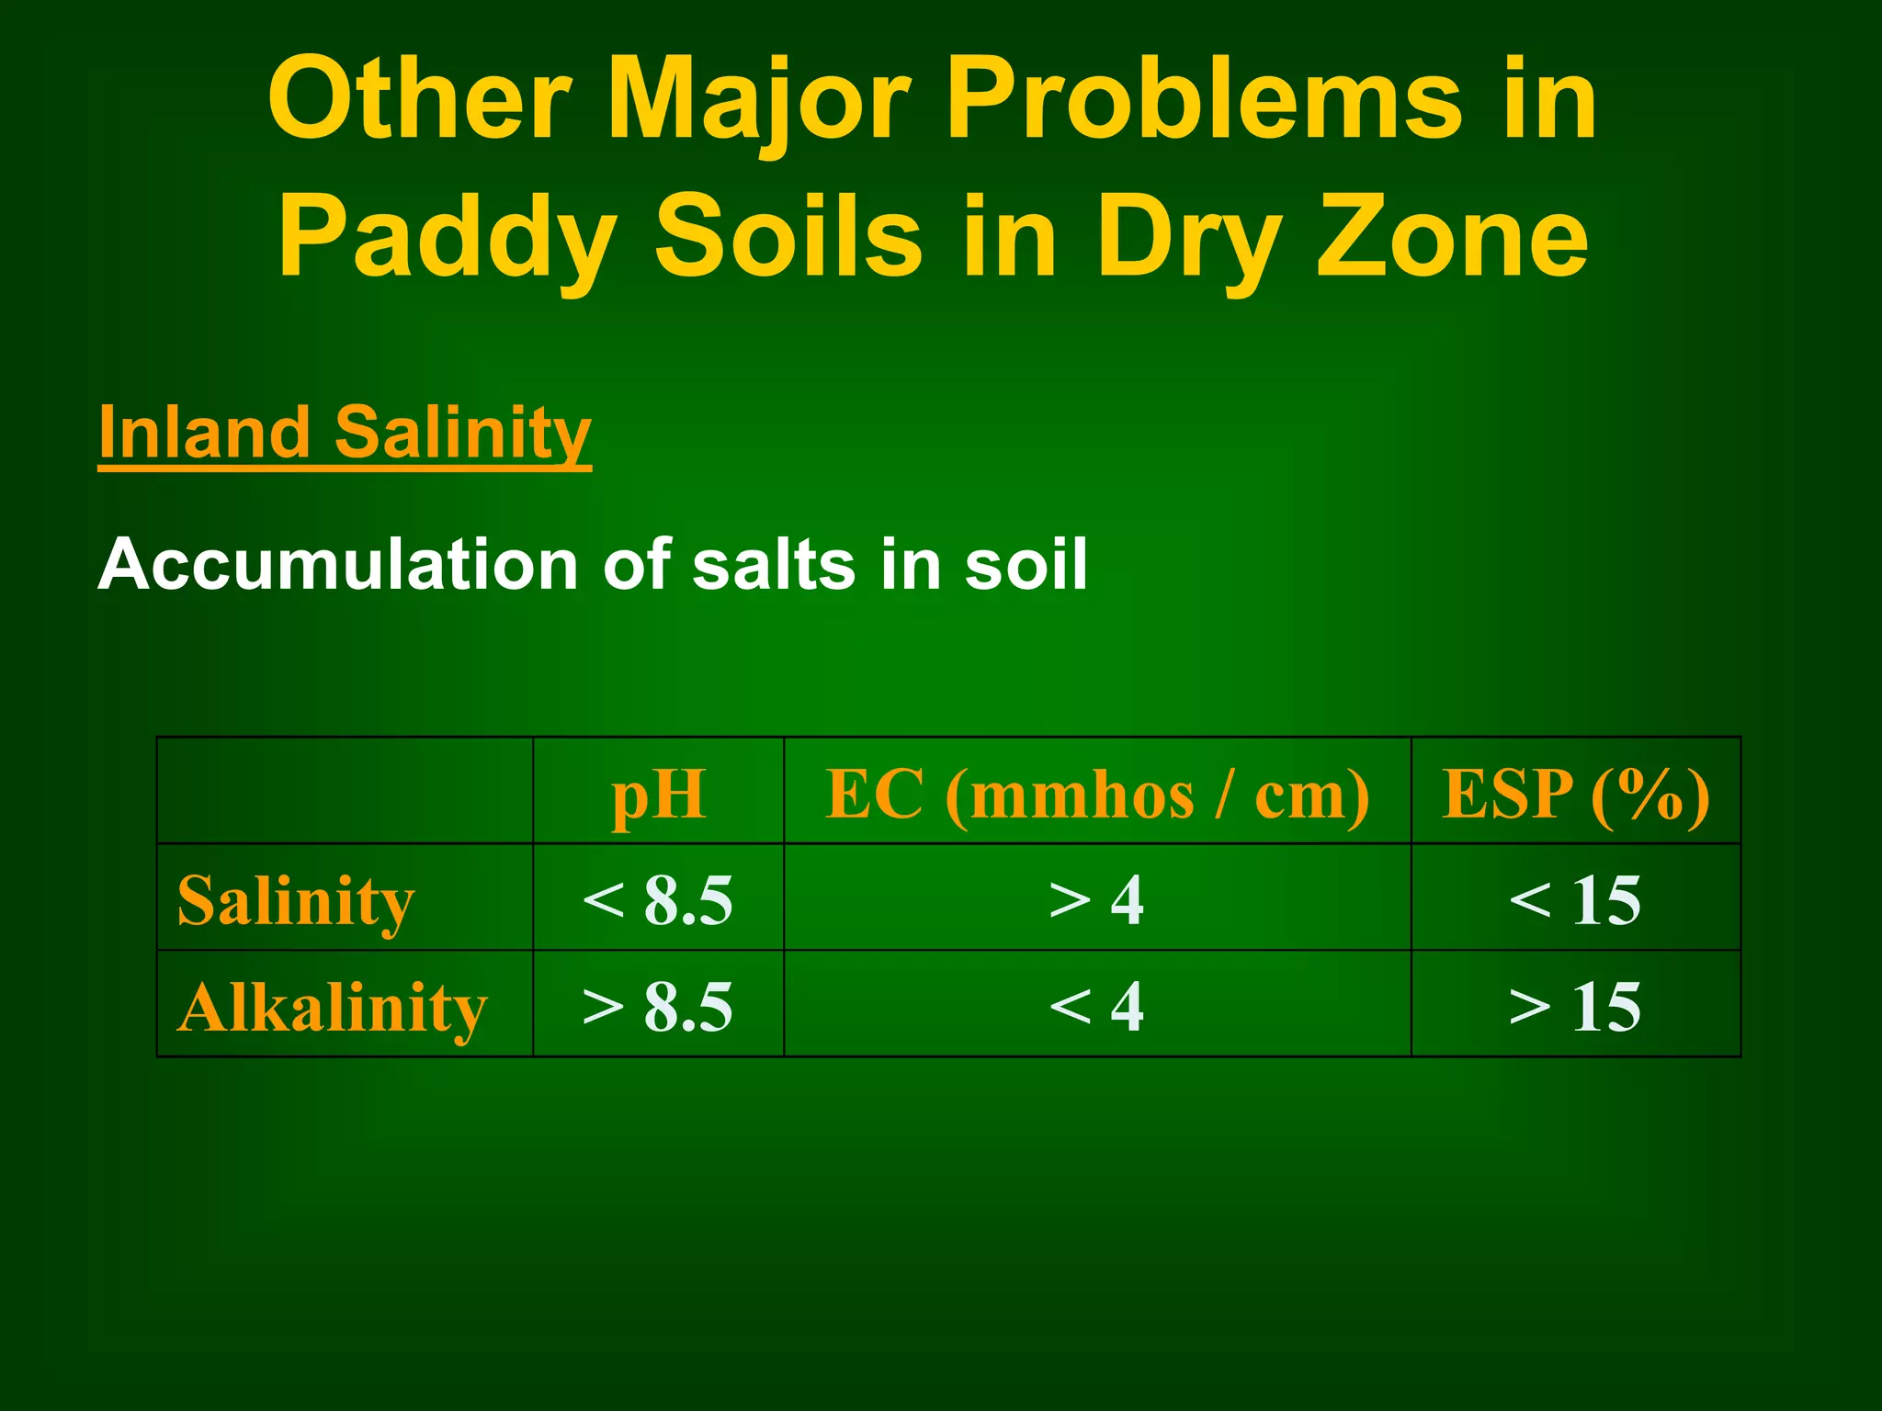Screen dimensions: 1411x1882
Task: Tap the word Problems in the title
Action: tap(1205, 99)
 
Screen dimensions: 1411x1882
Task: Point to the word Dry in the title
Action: tap(1190, 239)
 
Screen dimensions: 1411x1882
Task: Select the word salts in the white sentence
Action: tap(774, 564)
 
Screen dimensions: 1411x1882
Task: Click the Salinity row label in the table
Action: tap(296, 900)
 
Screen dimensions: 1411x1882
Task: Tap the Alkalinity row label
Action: tap(331, 1007)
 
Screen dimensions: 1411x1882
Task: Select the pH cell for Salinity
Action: tap(658, 900)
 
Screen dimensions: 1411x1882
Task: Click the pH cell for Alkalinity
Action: tap(658, 1007)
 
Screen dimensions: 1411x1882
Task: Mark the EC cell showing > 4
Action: tap(1096, 900)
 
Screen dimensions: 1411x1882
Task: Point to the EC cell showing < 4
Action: tap(1096, 1007)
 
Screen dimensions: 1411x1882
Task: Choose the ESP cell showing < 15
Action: tap(1575, 900)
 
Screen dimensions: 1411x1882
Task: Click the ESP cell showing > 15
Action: tap(1575, 1007)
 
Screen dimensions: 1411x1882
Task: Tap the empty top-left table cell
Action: tap(345, 791)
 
